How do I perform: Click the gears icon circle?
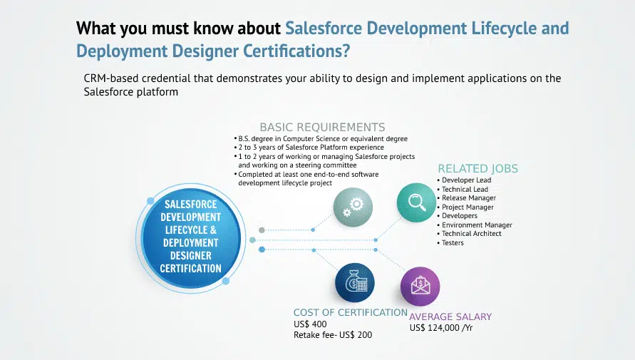[353, 207]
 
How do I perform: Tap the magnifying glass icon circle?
[416, 202]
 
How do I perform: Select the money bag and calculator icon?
[355, 282]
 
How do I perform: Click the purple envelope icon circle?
[420, 287]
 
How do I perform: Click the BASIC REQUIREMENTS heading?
[322, 127]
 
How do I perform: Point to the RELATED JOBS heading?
[478, 168]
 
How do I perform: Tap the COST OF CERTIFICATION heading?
[351, 312]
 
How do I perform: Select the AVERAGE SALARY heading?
[450, 317]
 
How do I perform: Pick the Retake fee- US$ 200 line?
[333, 335]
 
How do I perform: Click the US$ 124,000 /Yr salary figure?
[441, 328]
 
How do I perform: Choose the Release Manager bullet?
[466, 198]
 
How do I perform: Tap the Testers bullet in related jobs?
[450, 243]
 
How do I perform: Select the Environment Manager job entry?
[474, 225]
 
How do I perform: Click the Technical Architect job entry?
[469, 234]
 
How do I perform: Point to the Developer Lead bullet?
[464, 180]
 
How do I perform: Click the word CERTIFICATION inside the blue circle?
[191, 269]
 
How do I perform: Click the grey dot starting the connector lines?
[262, 230]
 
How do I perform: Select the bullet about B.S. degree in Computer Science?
[321, 138]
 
